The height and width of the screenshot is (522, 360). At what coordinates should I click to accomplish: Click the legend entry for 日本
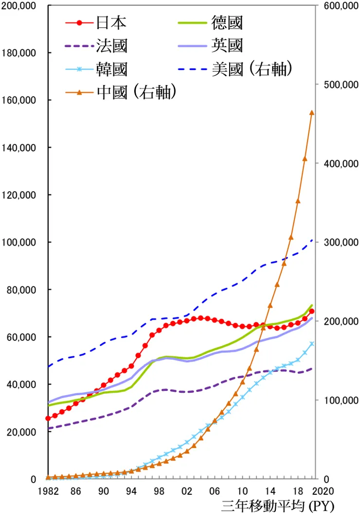[111, 22]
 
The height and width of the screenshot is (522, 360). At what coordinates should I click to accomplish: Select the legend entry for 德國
[227, 22]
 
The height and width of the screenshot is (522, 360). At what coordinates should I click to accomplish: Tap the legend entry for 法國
[111, 46]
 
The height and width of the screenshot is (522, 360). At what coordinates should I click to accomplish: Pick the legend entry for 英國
[227, 46]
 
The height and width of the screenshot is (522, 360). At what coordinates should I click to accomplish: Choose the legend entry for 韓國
[111, 70]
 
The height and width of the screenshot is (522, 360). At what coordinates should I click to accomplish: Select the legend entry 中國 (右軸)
[136, 92]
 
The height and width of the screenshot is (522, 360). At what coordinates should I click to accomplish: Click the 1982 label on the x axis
[48, 490]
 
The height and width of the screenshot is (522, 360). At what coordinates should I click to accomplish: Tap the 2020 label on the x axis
[324, 490]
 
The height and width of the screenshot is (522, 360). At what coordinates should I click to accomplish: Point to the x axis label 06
[214, 490]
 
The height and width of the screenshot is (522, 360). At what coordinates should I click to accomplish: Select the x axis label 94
[131, 490]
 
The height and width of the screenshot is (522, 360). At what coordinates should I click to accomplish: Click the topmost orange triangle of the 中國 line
[312, 113]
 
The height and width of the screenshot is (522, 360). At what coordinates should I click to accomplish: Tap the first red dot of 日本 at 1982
[48, 418]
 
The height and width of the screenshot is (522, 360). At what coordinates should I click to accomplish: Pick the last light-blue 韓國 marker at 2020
[312, 344]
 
